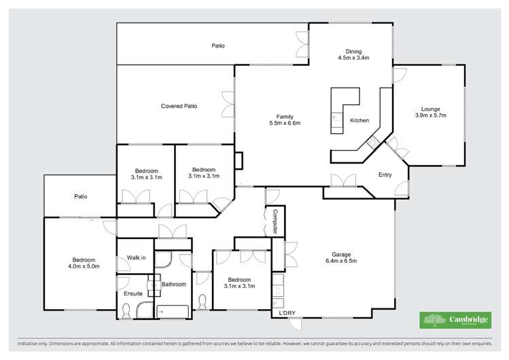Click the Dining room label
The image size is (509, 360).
pyautogui.click(x=353, y=51)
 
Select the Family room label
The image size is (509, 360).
pyautogui.click(x=284, y=115)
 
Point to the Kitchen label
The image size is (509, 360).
pyautogui.click(x=359, y=121)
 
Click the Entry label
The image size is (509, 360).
pyautogui.click(x=385, y=175)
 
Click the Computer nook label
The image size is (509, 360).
pyautogui.click(x=275, y=222)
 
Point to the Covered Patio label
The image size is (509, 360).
pyautogui.click(x=179, y=106)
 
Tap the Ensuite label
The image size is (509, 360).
pyautogui.click(x=133, y=293)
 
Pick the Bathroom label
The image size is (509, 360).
pyautogui.click(x=173, y=284)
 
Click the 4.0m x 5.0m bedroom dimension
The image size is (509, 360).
pyautogui.click(x=84, y=266)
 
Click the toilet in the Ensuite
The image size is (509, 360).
pyautogui.click(x=126, y=311)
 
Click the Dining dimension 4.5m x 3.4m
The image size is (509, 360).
pyautogui.click(x=353, y=58)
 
